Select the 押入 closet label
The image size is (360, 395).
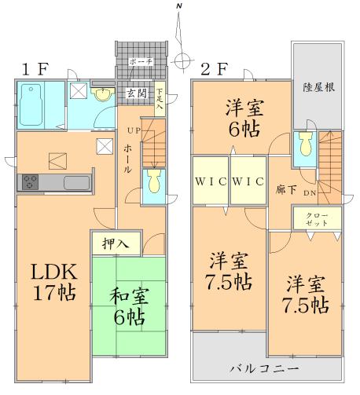(x=115, y=244)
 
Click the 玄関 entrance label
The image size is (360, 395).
(x=136, y=93)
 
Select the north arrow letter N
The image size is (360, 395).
(x=179, y=7)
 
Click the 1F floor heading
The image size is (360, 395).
(x=36, y=68)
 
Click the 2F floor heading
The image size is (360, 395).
(x=215, y=68)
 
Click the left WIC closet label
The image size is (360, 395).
(x=210, y=181)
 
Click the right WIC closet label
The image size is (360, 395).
(x=248, y=181)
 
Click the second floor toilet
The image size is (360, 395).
(x=304, y=145)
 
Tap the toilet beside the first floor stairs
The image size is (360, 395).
(x=154, y=182)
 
